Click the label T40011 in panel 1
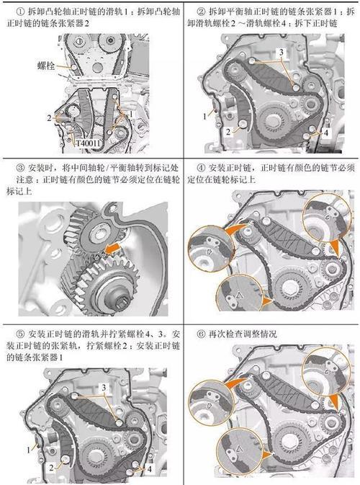click(x=89, y=143)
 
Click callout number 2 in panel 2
click(x=227, y=132)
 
